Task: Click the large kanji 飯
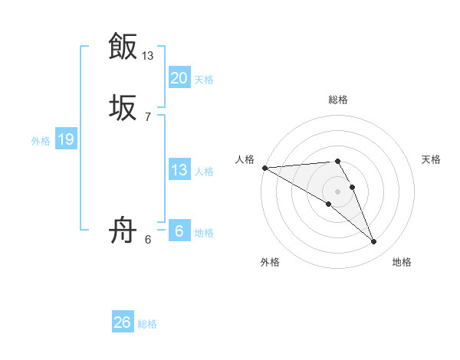point(123,46)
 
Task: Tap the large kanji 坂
point(123,107)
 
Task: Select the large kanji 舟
point(123,230)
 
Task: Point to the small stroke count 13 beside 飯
point(148,56)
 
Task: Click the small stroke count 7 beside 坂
point(148,117)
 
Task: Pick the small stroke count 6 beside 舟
point(148,240)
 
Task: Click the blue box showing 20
point(179,78)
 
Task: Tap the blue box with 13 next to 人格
point(179,170)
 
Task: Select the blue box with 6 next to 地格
point(179,231)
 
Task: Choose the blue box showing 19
point(65,139)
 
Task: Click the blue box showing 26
point(122,322)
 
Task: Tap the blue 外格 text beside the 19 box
point(41,140)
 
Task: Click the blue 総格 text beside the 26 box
point(147,324)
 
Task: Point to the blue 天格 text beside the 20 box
point(204,79)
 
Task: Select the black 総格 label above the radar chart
point(337,100)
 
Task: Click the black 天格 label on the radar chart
point(432,159)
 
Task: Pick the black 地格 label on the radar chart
point(402,262)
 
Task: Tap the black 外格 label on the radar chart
point(270,262)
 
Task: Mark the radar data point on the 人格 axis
point(264,168)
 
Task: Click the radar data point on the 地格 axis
point(374,242)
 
